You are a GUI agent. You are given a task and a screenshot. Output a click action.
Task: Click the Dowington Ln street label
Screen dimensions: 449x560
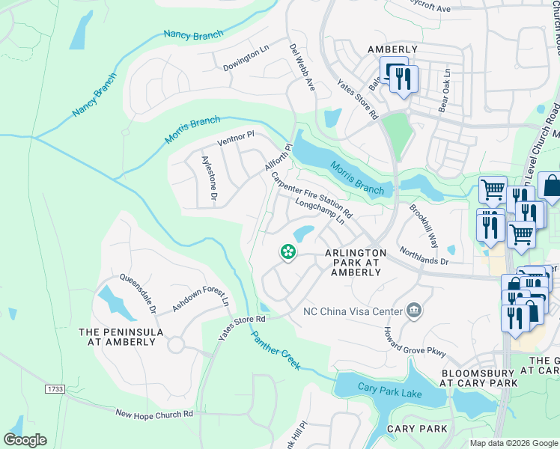coord(246,59)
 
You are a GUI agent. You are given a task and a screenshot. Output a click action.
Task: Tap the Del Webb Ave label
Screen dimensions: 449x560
coord(302,67)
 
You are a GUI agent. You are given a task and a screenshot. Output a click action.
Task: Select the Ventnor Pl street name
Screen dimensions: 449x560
coord(236,138)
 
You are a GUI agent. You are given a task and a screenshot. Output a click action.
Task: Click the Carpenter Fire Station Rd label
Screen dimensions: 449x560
coord(311,193)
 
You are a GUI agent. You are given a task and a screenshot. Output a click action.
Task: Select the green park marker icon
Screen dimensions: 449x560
coord(287,252)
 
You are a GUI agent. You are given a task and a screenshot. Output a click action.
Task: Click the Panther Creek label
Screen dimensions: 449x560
coord(276,349)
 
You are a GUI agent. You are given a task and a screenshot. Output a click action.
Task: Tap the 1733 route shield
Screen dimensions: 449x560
coord(54,389)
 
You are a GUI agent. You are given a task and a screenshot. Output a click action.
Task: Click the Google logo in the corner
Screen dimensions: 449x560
coord(25,439)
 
